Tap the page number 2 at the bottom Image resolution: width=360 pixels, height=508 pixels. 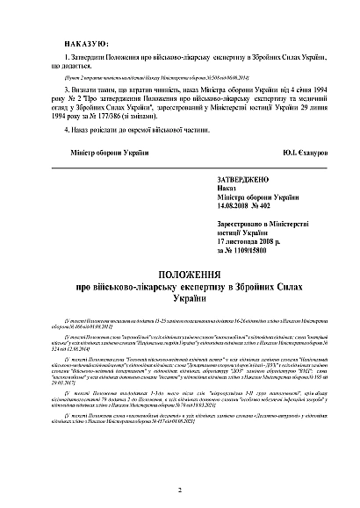click(x=179, y=490)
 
